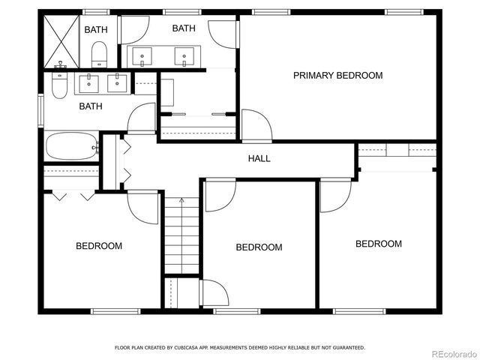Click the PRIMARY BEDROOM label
click(337, 75)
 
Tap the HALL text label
click(259, 158)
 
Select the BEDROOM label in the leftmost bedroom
click(98, 246)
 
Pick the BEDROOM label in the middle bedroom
click(259, 247)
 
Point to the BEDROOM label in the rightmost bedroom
click(378, 244)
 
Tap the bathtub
click(70, 146)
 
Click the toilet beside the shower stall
click(98, 54)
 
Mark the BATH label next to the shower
click(95, 30)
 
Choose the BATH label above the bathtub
click(91, 106)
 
